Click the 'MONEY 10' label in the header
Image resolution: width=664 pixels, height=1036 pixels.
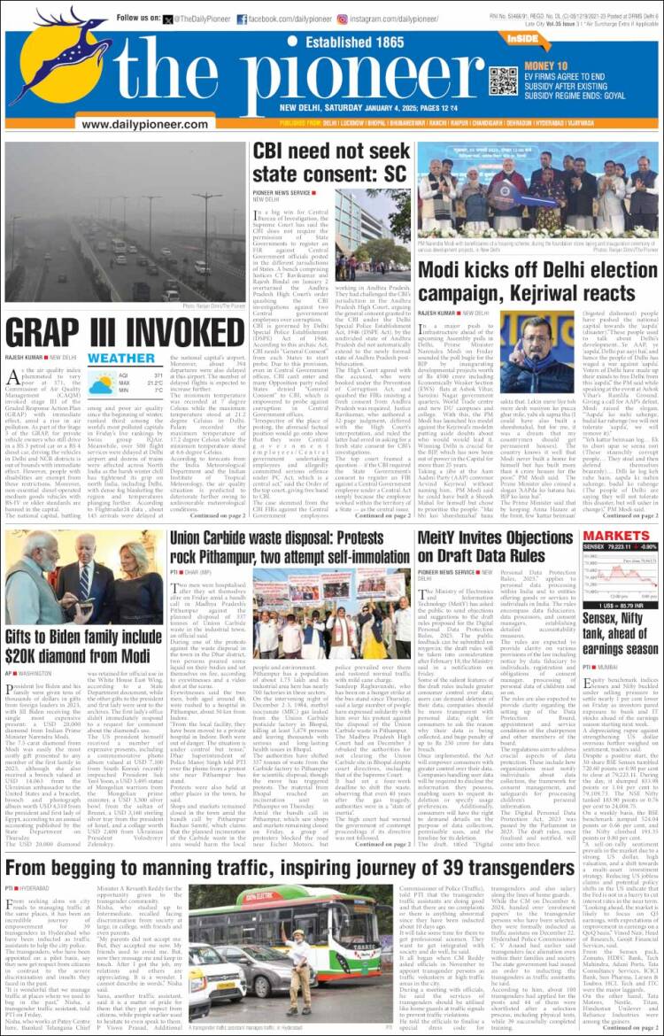click(546, 66)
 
